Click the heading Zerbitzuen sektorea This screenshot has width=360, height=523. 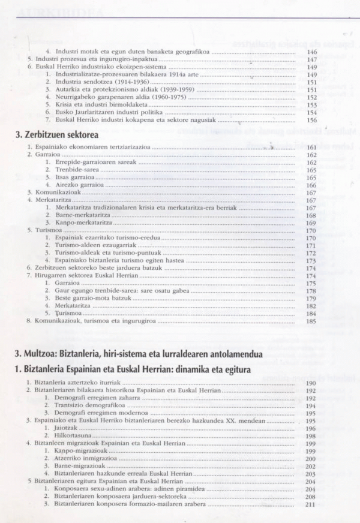tap(53, 136)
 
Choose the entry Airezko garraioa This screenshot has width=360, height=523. tap(78, 185)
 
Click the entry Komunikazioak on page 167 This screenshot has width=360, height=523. tap(55, 193)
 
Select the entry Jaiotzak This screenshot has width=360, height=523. tap(66, 428)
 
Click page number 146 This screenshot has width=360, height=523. tap(311, 52)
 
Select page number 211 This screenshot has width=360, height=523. tap(310, 504)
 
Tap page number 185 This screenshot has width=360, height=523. tap(311, 321)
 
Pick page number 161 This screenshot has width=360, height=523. tap(311, 147)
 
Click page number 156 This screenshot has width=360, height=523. tap(311, 119)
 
